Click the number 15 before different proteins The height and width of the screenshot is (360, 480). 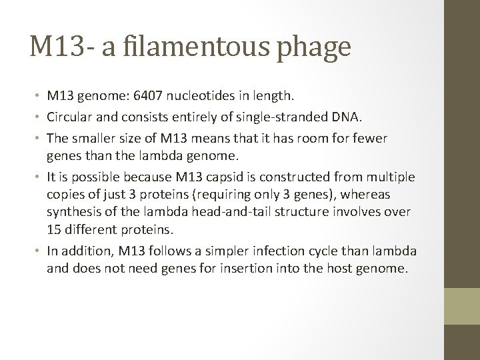point(54,230)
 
